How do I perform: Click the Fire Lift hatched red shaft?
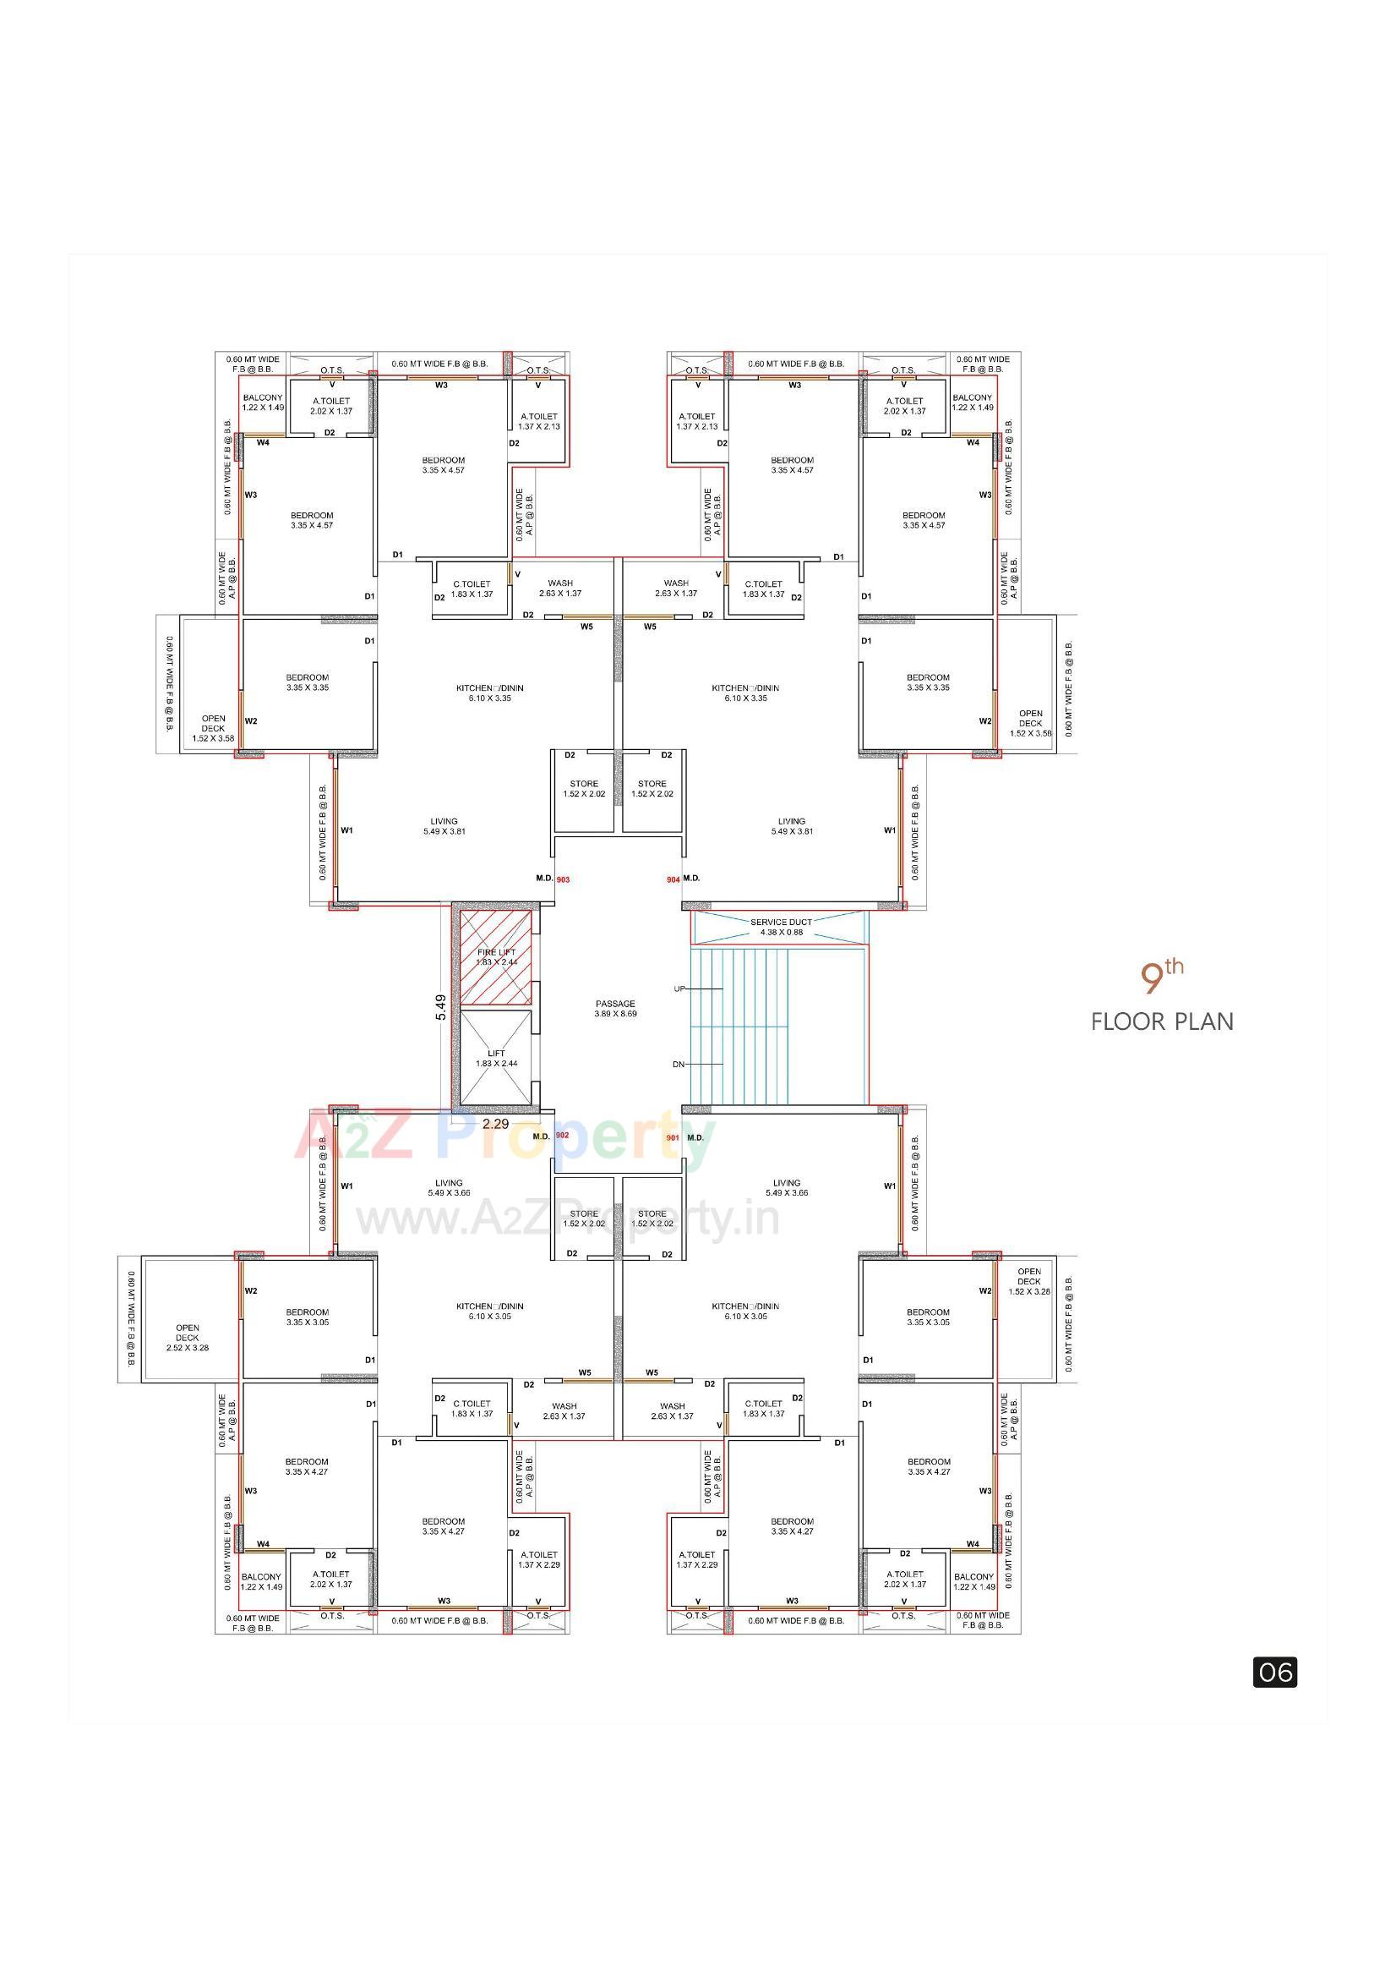click(x=496, y=957)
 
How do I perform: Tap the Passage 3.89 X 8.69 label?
click(x=615, y=1008)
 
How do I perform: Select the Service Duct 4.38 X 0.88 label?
click(x=781, y=927)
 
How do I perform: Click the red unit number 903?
click(x=563, y=879)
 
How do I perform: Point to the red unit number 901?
click(x=672, y=1137)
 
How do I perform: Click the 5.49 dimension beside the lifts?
click(x=440, y=1006)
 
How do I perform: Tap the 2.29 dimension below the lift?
click(x=495, y=1124)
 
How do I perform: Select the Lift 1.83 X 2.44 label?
click(x=497, y=1058)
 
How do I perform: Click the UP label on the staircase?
click(x=679, y=988)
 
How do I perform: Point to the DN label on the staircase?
click(x=679, y=1065)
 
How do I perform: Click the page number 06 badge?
click(x=1273, y=1673)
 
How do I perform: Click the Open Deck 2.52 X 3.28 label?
click(x=188, y=1337)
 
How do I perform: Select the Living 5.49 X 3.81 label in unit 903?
click(x=444, y=826)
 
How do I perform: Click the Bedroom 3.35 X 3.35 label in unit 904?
click(x=928, y=682)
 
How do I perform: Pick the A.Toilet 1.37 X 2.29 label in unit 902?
click(x=539, y=1559)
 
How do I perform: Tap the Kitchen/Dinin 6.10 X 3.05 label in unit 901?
click(x=745, y=1311)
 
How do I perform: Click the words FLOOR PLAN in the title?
click(x=1162, y=1022)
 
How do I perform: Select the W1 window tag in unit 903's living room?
click(x=346, y=830)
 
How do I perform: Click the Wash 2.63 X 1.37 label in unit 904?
click(x=677, y=588)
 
